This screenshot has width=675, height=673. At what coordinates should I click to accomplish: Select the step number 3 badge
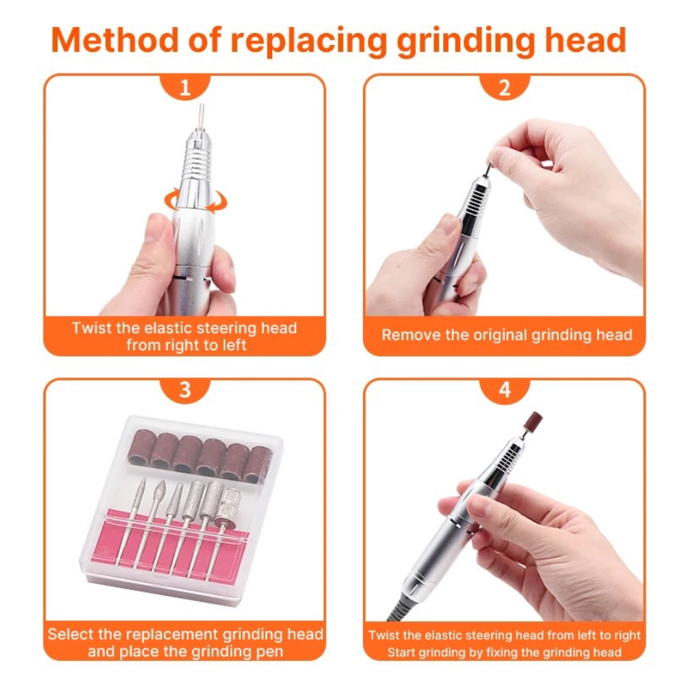[185, 389]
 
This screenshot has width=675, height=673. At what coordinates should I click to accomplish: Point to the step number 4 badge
[505, 389]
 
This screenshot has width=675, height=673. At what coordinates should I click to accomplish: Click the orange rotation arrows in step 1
[196, 200]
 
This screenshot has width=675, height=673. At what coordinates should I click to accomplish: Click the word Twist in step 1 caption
[92, 328]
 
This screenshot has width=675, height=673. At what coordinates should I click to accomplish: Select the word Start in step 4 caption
[400, 652]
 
